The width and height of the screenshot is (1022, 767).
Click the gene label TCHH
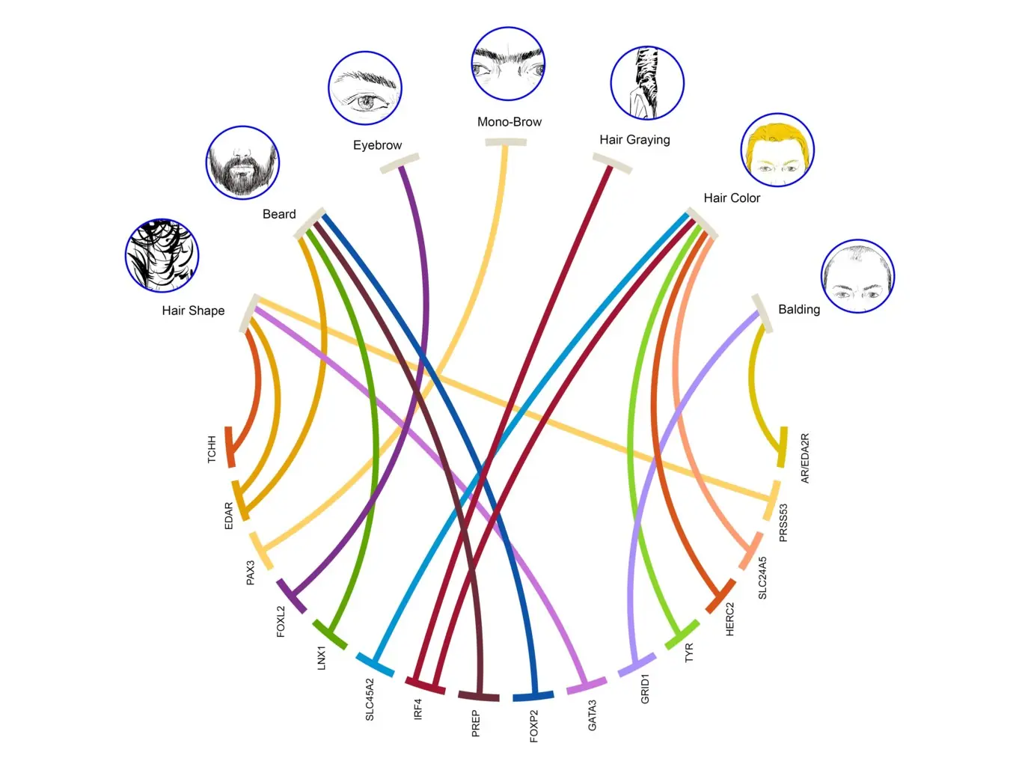point(212,450)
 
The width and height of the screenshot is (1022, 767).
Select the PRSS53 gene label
point(783,522)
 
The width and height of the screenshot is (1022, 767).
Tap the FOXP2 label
point(533,726)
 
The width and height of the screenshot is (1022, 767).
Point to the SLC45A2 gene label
point(370,700)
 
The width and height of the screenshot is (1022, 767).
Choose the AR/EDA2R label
point(804,458)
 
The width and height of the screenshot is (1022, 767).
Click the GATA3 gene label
point(592,715)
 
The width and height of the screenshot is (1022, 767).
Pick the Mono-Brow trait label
point(510,122)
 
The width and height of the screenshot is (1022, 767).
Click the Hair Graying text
point(634,140)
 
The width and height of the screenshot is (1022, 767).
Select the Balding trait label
point(799,309)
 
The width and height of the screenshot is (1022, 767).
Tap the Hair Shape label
point(193,311)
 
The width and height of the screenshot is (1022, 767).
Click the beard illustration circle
point(242,162)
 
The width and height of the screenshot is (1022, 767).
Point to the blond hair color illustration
point(777,150)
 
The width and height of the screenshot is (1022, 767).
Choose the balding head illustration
point(857,277)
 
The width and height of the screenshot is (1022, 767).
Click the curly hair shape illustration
point(162,255)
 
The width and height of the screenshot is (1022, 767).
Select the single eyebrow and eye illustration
point(365,88)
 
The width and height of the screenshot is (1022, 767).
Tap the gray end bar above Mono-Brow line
point(506,142)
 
